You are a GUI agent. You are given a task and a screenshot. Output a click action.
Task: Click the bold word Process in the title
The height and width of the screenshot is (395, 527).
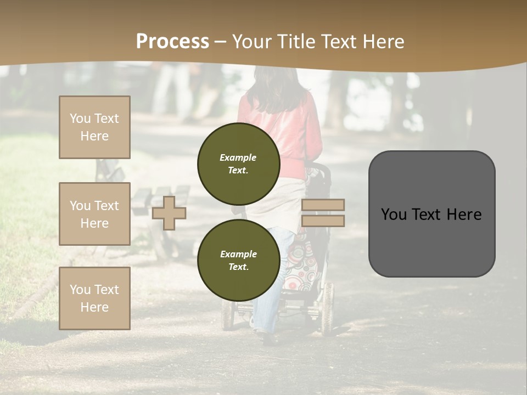pos(172,42)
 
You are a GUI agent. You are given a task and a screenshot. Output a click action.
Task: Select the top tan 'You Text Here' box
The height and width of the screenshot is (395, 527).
pos(94,127)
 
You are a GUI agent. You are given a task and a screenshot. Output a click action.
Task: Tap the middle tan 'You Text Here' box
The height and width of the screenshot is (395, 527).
pos(94,214)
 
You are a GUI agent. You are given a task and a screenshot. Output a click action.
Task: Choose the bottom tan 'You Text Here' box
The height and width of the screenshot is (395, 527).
pos(94,298)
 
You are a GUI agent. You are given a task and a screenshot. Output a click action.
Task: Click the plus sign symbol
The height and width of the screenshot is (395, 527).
pos(169,213)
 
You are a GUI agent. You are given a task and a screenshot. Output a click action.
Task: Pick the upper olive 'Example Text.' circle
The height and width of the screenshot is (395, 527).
pos(238,163)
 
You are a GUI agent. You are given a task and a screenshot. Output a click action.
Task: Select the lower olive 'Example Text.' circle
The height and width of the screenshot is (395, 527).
pos(238,260)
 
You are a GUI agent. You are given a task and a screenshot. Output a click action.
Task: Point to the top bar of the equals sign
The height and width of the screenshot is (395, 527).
pos(323,205)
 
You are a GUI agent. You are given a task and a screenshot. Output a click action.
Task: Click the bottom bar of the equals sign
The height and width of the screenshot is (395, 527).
pos(323,221)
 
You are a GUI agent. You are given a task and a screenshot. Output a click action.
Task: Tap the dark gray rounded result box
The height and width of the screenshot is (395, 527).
pos(431,214)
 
